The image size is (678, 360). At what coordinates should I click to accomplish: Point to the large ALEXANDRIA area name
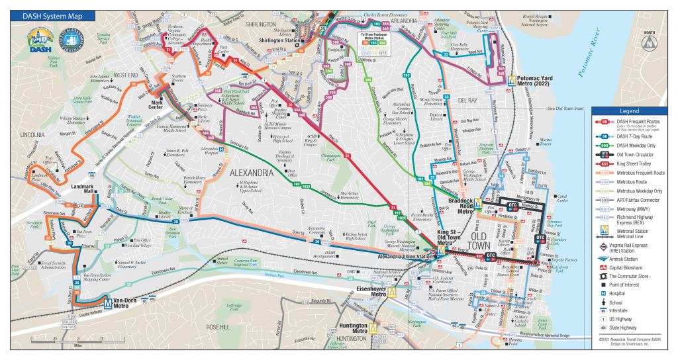point(251,173)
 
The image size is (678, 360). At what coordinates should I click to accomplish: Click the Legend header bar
point(628,111)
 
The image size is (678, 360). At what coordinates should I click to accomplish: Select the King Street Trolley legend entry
point(630,163)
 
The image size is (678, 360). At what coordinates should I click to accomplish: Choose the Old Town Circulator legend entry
point(630,154)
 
